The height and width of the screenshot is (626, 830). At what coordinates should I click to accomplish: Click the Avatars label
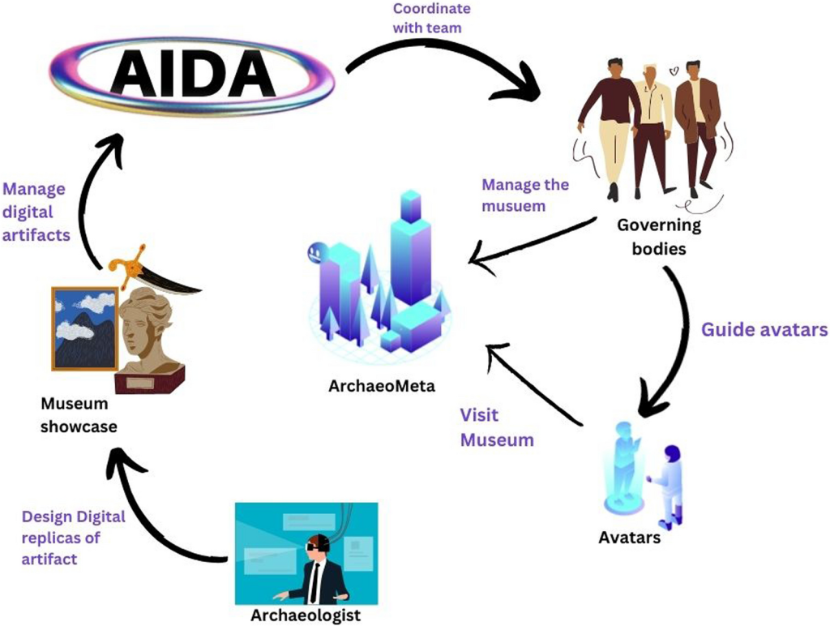pos(629,537)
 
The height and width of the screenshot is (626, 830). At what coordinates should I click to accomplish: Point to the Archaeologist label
pos(305,615)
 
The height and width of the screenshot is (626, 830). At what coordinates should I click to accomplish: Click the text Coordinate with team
pos(431,18)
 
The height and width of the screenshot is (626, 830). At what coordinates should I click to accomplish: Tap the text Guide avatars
pos(764,330)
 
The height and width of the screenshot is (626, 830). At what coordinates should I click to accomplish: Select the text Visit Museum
pos(497,427)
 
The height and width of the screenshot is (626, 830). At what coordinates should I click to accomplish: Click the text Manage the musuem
pos(525,195)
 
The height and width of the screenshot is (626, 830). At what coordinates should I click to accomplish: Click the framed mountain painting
pos(84,328)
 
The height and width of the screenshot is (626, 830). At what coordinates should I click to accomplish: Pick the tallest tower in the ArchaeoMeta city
pos(410,243)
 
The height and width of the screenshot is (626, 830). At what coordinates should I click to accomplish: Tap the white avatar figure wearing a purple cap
pos(670,483)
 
